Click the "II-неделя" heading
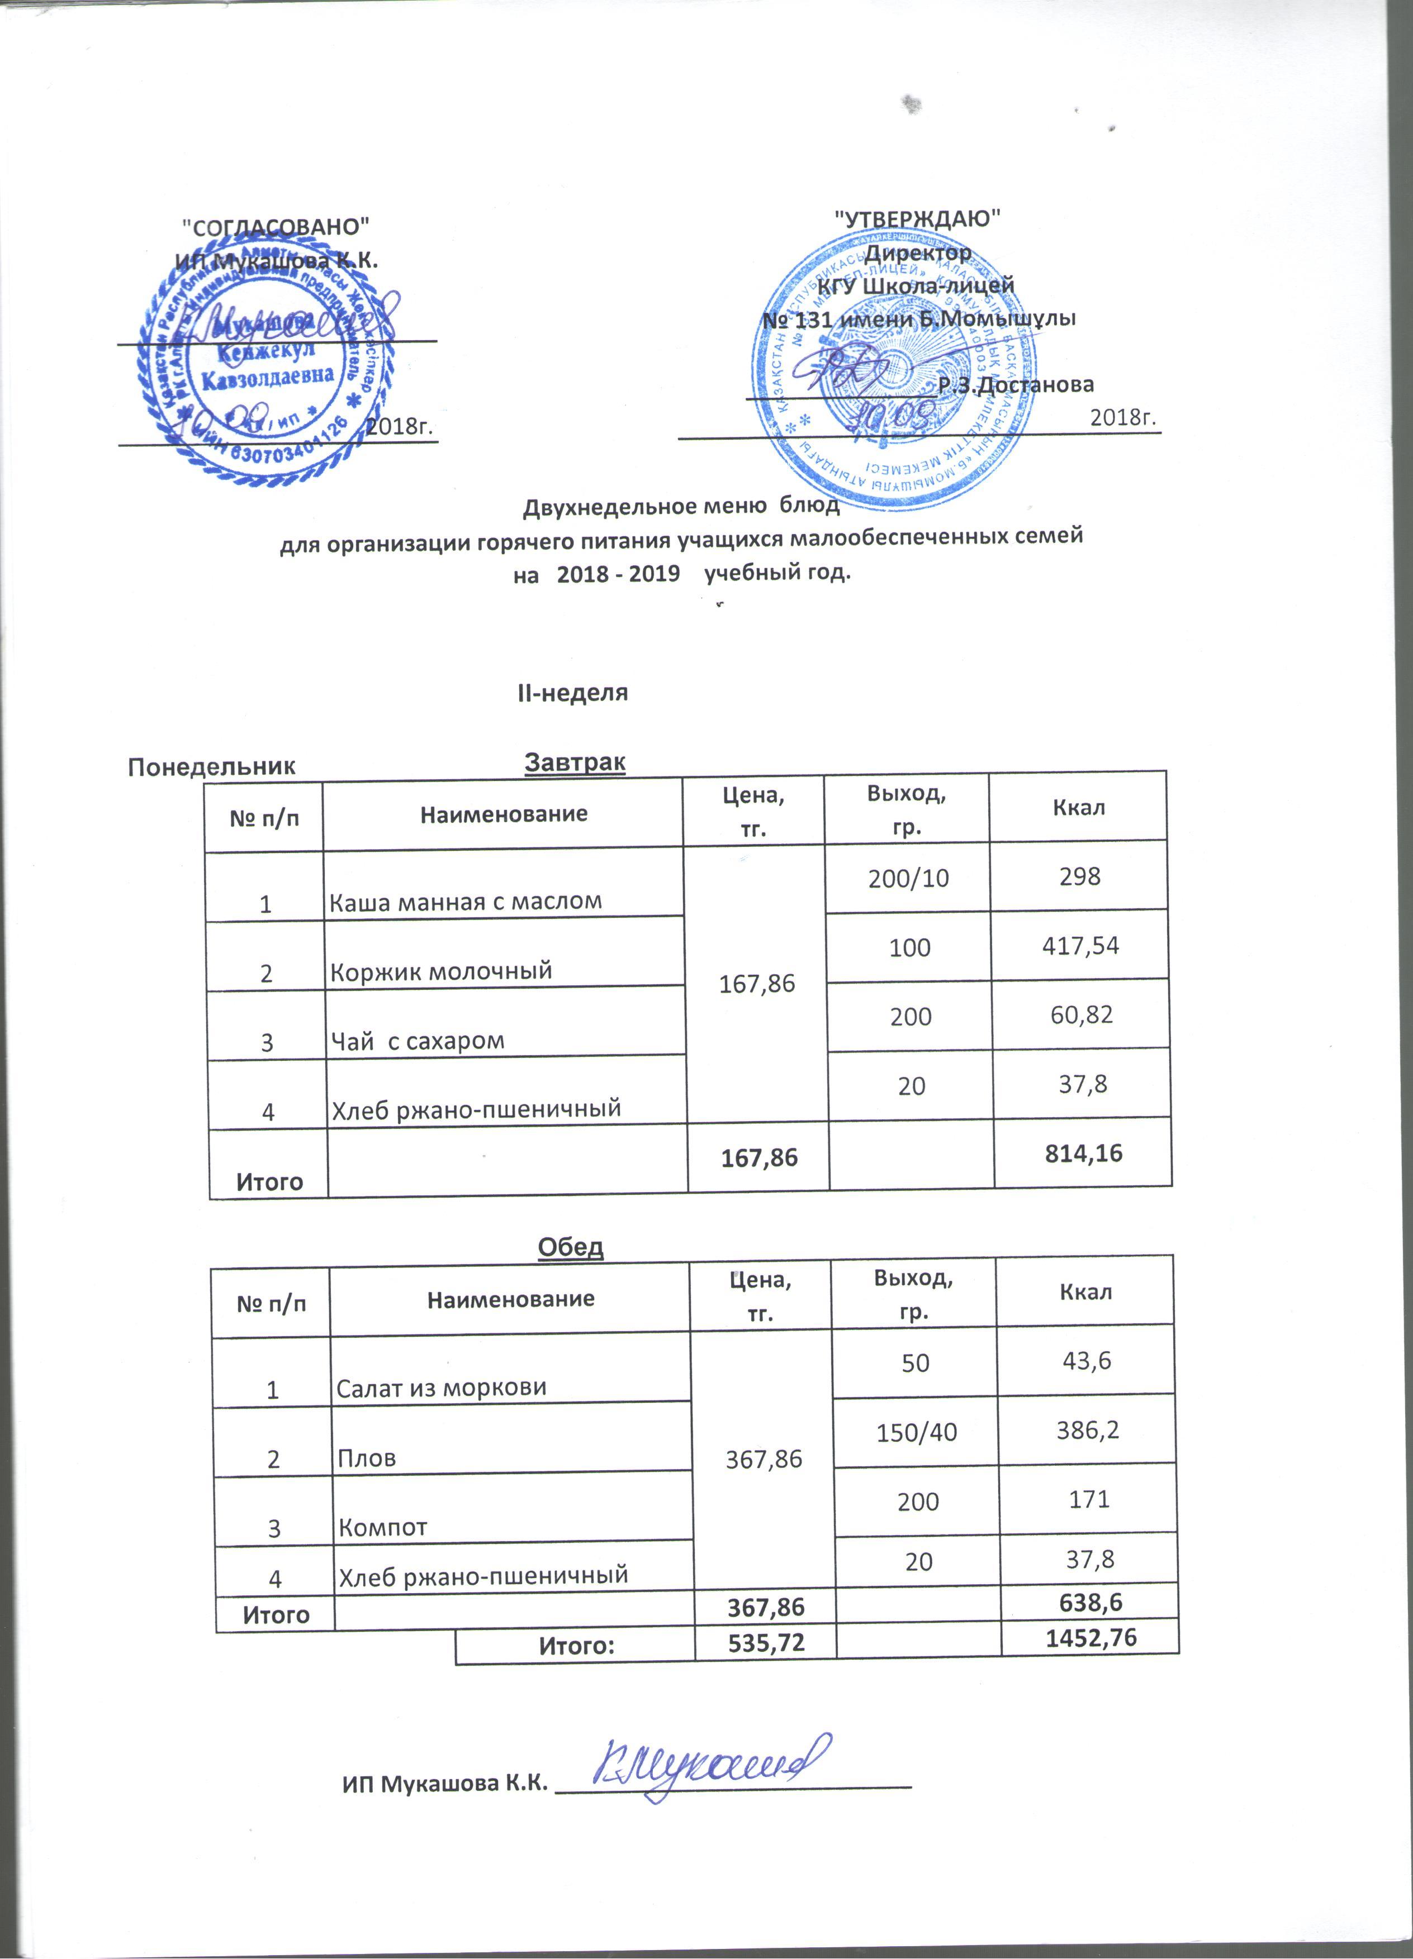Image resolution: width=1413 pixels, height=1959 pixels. point(572,693)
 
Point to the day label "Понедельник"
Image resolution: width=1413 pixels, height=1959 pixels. point(212,767)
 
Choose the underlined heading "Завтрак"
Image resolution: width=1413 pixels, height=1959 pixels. point(575,762)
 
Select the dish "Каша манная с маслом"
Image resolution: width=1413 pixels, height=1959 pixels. point(466,901)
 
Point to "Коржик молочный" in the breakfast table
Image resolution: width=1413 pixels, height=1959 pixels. point(441,971)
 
